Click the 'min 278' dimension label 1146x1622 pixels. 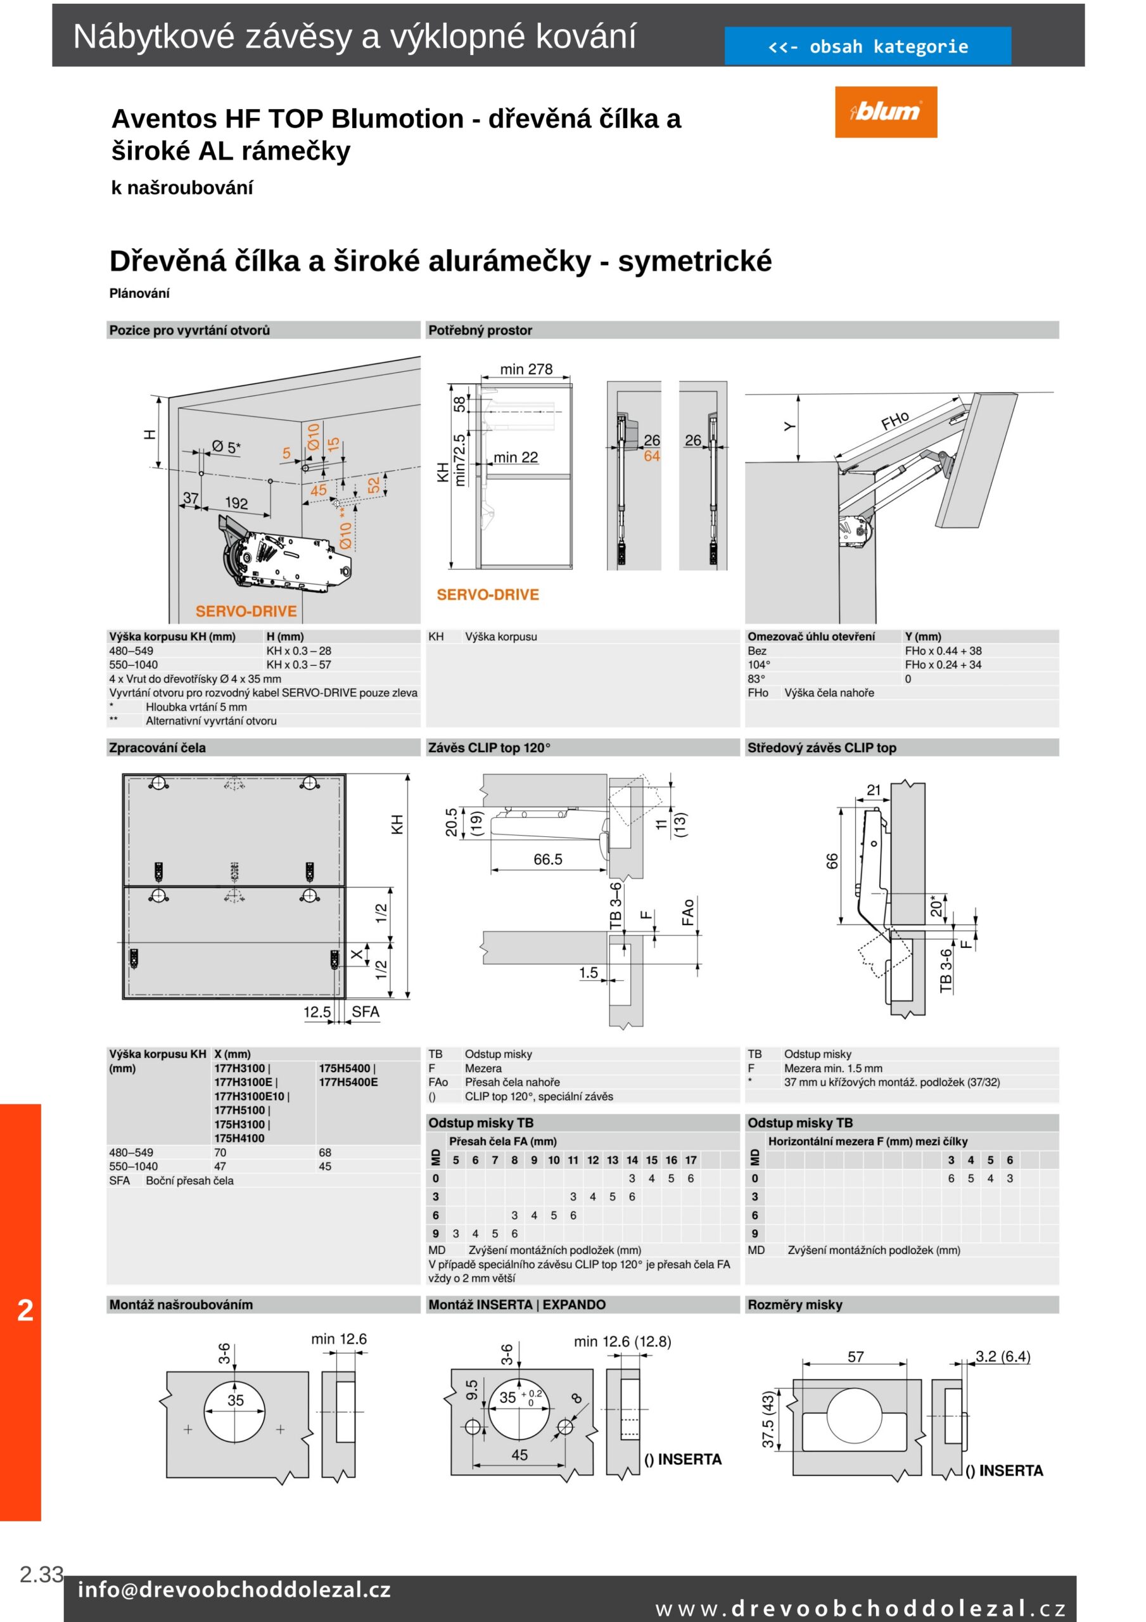click(526, 369)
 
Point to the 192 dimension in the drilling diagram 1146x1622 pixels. click(236, 503)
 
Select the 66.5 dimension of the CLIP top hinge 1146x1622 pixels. click(547, 859)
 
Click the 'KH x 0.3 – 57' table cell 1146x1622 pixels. click(298, 665)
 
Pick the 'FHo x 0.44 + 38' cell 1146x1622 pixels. click(943, 651)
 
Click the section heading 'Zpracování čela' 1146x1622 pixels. click(158, 748)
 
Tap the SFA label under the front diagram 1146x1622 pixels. click(366, 1012)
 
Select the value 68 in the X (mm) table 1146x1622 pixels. click(325, 1153)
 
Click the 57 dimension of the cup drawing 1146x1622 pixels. click(855, 1357)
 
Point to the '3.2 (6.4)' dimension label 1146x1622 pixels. click(1003, 1357)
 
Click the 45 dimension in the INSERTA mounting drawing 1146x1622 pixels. click(519, 1455)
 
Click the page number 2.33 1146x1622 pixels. click(41, 1573)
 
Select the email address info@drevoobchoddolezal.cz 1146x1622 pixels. click(234, 1590)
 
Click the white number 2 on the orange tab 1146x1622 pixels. click(25, 1310)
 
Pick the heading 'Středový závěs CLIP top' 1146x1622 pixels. click(822, 748)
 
